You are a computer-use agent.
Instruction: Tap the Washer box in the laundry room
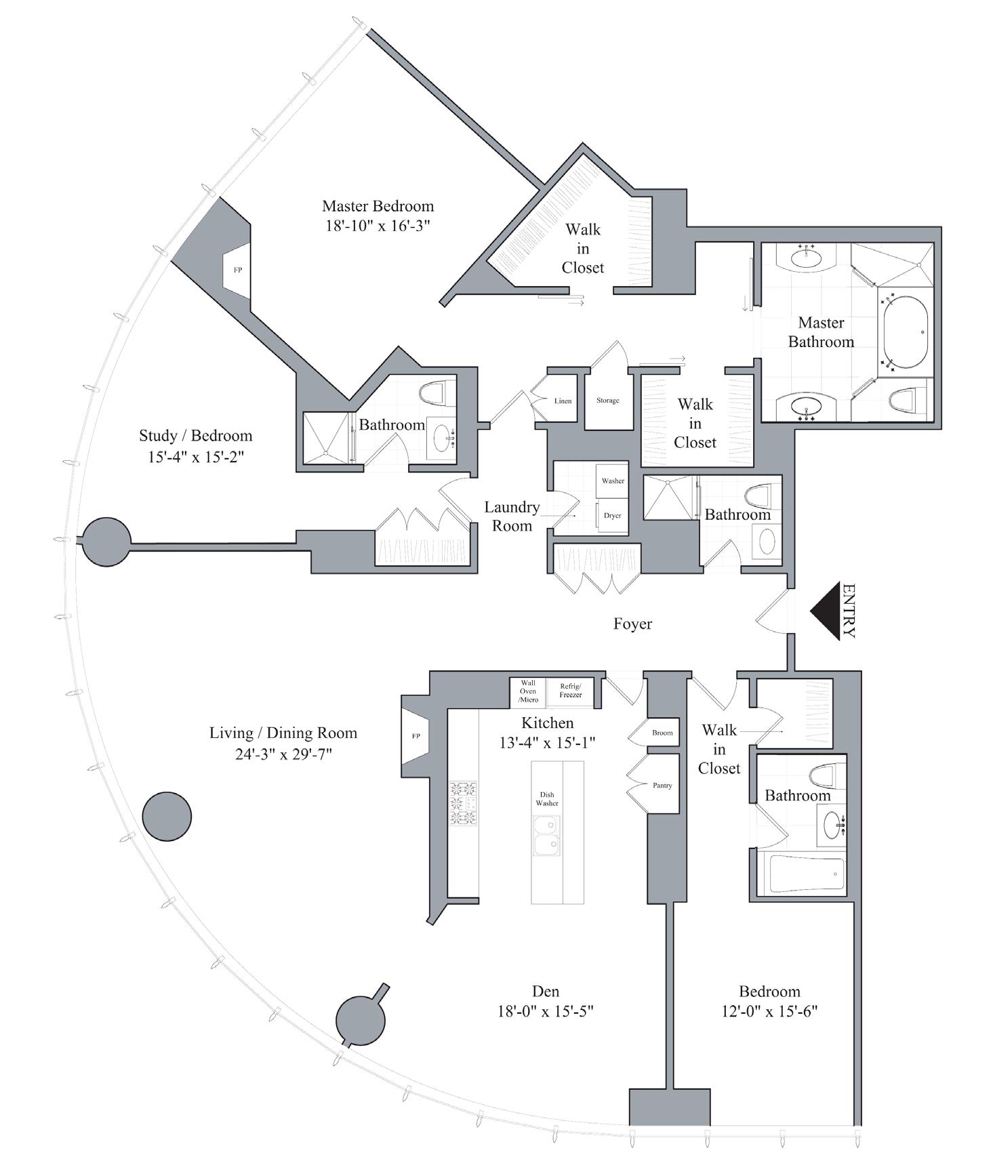pos(612,481)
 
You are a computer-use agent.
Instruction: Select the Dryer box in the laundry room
pos(612,515)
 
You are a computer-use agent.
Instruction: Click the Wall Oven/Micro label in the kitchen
pos(528,691)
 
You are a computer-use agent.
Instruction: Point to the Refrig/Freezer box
pos(570,691)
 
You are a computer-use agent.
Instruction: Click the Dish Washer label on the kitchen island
pos(547,799)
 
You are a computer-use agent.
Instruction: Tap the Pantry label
pos(662,786)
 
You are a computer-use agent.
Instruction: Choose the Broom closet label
pos(662,733)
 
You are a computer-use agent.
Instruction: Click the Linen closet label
pos(563,401)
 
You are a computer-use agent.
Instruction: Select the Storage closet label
pos(607,401)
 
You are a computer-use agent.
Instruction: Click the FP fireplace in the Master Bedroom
pos(238,270)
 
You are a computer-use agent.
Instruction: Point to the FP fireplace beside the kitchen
pos(416,736)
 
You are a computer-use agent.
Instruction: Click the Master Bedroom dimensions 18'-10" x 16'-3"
pos(378,225)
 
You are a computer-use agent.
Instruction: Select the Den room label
pos(546,992)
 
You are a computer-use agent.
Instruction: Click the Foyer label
pos(632,624)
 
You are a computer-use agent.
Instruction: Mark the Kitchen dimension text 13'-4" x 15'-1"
pos(547,743)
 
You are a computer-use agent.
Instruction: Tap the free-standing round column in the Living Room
pos(167,816)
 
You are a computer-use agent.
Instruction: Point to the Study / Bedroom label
pos(195,436)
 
